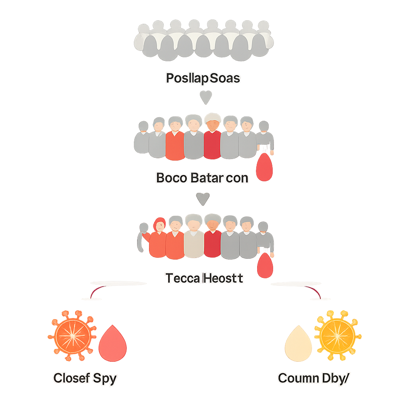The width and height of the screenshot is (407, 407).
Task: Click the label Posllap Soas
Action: [203, 78]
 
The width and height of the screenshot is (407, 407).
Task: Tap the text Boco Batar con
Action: [202, 177]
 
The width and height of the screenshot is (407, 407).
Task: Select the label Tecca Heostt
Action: [204, 278]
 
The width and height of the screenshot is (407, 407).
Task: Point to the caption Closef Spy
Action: [85, 378]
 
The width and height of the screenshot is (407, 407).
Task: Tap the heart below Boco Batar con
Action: [203, 198]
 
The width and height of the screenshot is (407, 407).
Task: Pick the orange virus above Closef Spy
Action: [72, 335]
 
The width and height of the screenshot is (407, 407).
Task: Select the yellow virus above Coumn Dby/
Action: [337, 335]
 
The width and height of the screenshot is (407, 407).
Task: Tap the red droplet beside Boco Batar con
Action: [264, 167]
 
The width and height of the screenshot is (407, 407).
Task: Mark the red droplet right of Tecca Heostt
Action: [265, 265]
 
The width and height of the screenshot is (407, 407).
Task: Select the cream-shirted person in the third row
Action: [194, 238]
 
